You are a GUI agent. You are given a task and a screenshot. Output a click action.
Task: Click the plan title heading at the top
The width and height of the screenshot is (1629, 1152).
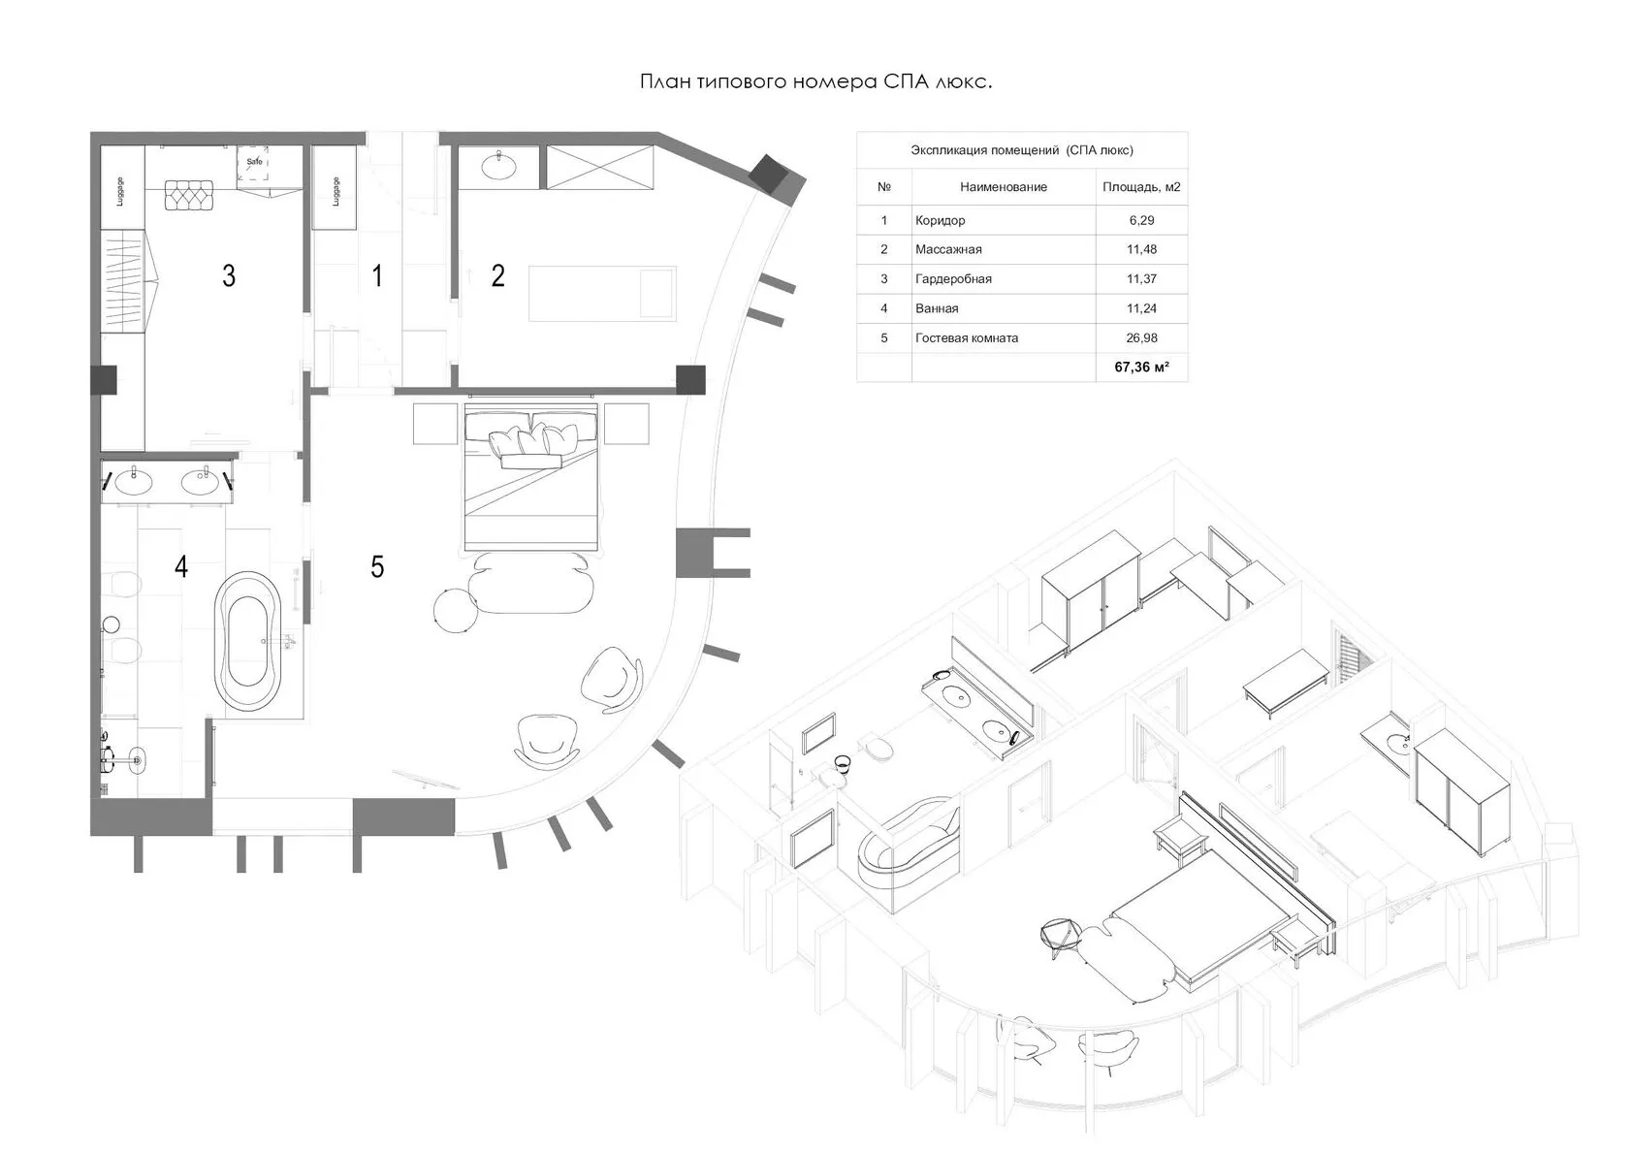(815, 81)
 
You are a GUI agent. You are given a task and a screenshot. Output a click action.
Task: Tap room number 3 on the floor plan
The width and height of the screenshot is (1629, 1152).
(229, 275)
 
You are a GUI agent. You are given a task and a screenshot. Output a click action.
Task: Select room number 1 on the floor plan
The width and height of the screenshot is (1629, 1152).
(376, 275)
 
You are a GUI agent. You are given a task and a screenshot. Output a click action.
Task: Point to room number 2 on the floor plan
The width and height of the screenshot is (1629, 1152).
(497, 275)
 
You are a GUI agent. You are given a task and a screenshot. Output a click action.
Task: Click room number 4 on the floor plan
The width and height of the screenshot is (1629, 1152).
(181, 566)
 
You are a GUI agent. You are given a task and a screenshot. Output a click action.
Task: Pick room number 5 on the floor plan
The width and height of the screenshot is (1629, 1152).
(376, 566)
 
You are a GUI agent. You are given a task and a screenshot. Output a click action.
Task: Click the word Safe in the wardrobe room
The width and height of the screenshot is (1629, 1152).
(254, 161)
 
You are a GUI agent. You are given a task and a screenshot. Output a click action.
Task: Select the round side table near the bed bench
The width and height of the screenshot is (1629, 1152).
(456, 609)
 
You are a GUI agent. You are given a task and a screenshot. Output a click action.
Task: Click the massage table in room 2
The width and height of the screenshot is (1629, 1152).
(602, 294)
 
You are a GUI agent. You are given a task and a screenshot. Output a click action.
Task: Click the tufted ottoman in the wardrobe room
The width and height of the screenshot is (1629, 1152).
(189, 195)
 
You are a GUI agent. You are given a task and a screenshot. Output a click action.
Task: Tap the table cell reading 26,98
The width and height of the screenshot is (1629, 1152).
(1141, 338)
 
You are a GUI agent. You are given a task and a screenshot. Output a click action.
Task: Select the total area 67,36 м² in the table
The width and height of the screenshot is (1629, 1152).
(1141, 368)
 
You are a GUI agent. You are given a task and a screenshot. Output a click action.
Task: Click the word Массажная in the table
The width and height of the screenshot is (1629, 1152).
(948, 249)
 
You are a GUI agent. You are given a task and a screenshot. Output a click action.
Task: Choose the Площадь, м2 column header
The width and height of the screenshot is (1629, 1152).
(1141, 187)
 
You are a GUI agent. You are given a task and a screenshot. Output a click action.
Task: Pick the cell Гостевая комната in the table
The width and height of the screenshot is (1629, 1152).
(967, 338)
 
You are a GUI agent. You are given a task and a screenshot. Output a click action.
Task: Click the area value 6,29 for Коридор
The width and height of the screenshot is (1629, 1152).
(1141, 220)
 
